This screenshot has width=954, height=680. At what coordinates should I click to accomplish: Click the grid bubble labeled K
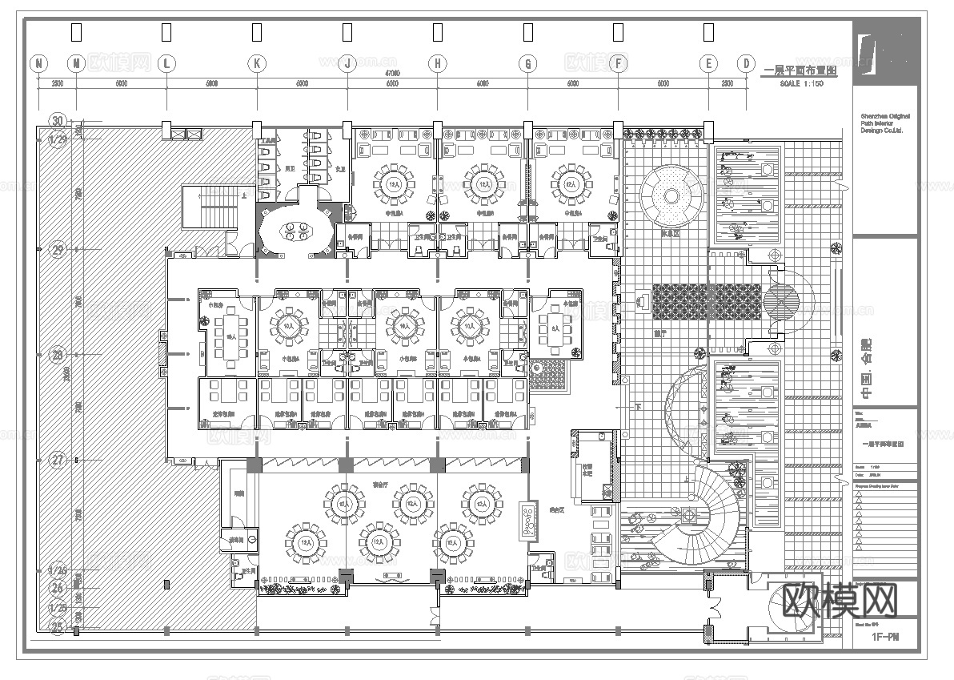(x=256, y=63)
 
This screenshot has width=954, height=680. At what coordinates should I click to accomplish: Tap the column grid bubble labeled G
(x=527, y=63)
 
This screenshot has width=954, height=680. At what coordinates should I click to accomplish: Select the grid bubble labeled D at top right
(x=746, y=63)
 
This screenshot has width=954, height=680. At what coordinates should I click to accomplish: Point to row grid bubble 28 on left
(x=58, y=354)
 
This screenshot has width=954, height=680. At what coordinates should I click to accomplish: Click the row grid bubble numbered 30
(x=58, y=121)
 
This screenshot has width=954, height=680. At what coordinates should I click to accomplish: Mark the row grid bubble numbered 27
(x=58, y=460)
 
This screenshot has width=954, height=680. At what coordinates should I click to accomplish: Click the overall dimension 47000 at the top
(x=392, y=74)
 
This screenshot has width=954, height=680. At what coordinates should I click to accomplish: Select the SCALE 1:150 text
(x=800, y=84)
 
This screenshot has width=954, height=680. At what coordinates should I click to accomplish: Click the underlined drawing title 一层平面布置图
(x=800, y=71)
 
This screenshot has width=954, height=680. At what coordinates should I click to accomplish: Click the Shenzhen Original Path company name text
(x=885, y=123)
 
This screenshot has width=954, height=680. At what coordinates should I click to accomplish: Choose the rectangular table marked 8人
(x=555, y=326)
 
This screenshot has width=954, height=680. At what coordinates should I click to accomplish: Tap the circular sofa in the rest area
(x=671, y=196)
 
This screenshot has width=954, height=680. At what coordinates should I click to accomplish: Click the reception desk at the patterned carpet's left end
(x=643, y=302)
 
